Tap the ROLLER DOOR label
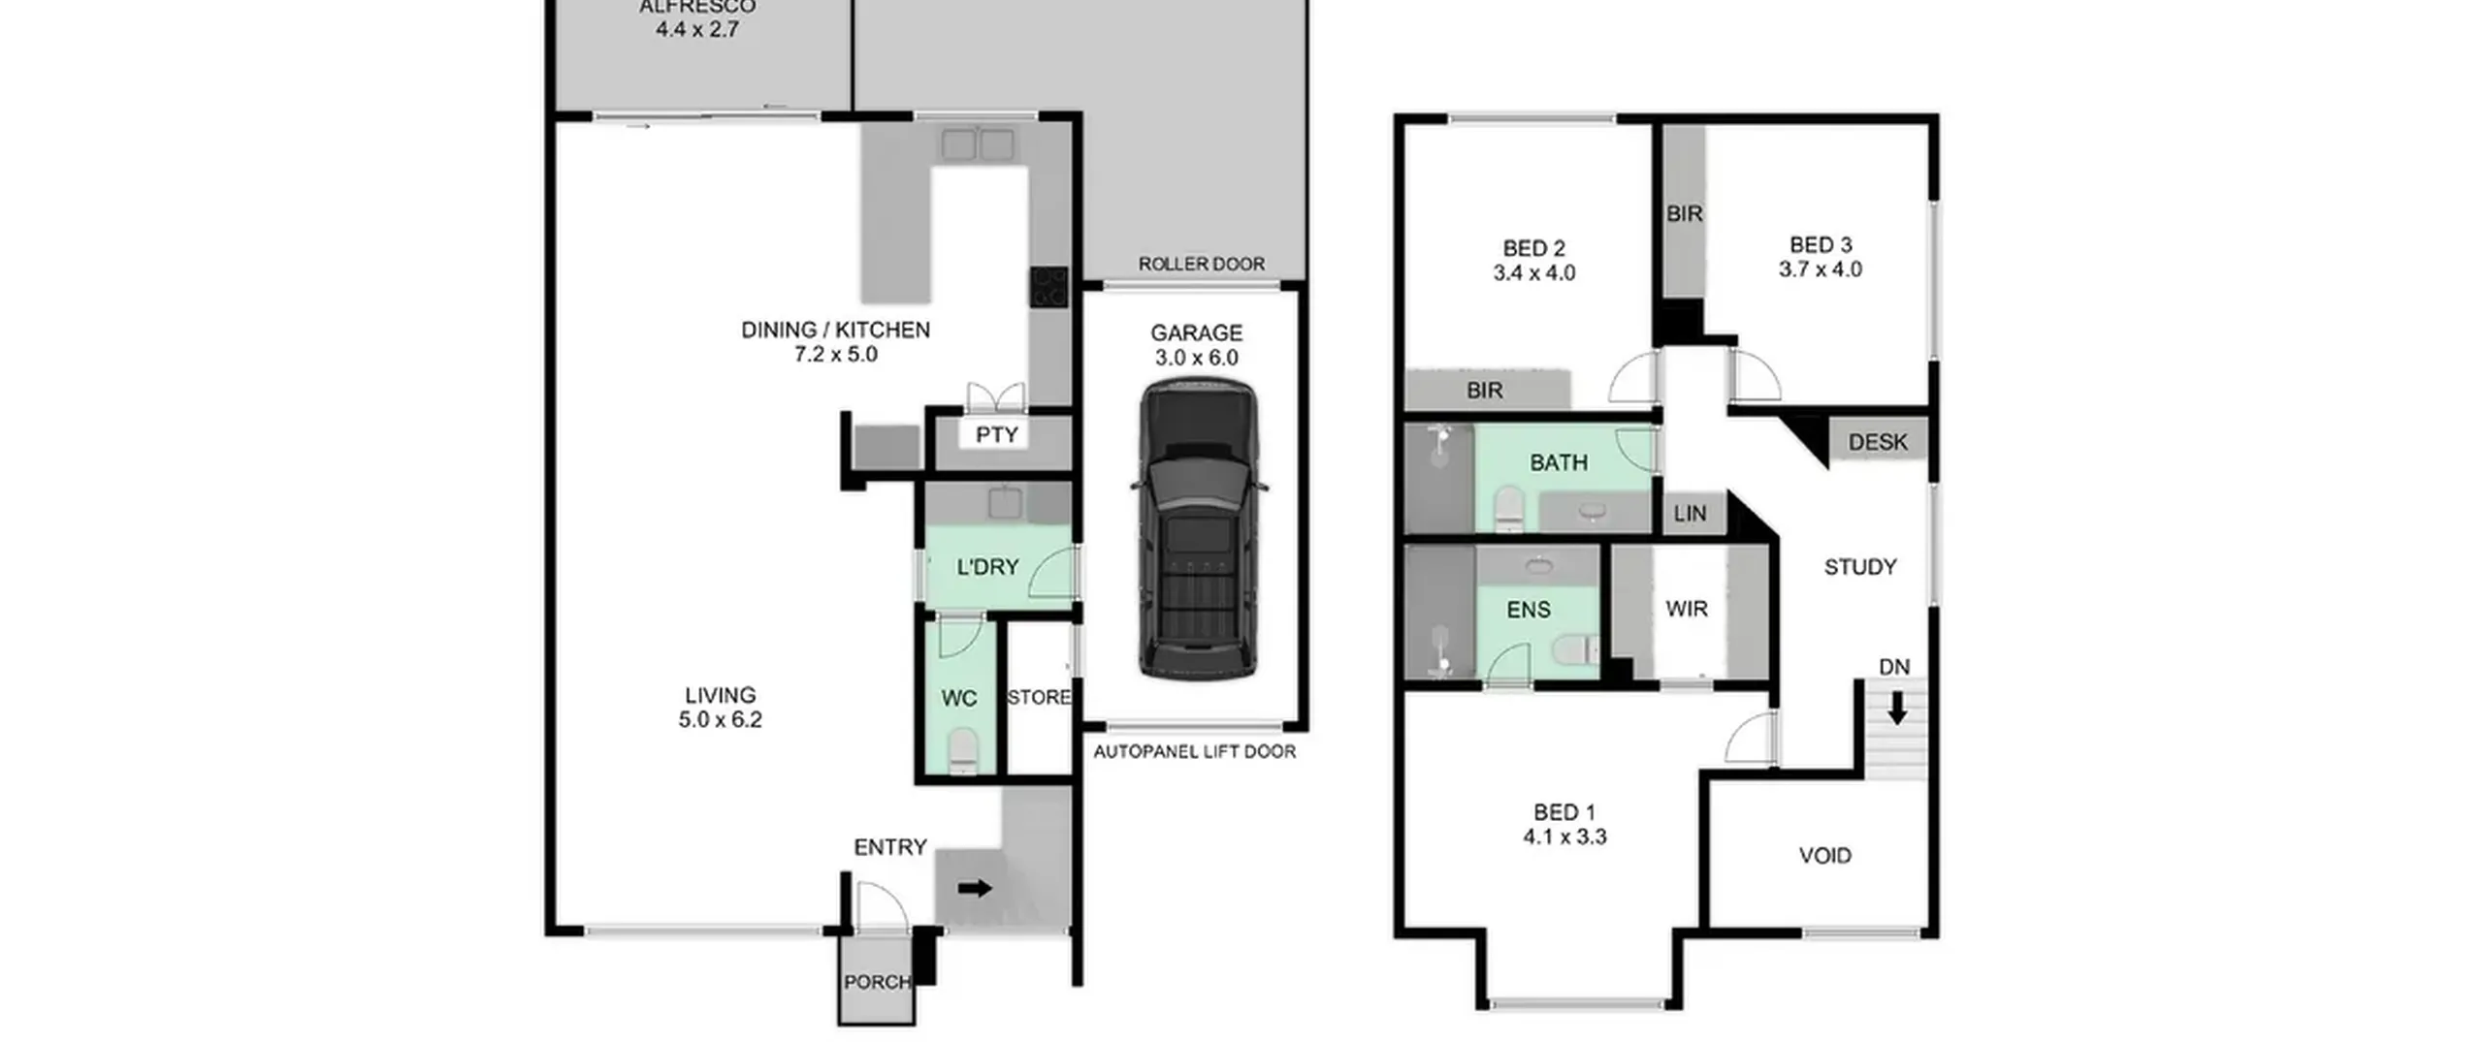(x=1201, y=264)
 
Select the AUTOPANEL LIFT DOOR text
(x=1194, y=751)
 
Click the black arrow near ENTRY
(x=975, y=888)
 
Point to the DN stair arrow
(x=1896, y=708)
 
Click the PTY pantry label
(x=997, y=435)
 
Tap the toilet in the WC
(x=962, y=752)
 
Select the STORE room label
(x=1039, y=697)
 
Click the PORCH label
(x=877, y=982)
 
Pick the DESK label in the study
(x=1877, y=442)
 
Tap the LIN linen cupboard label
(x=1690, y=514)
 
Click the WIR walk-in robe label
(x=1686, y=609)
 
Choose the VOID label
(x=1824, y=856)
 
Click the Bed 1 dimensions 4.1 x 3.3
(x=1564, y=837)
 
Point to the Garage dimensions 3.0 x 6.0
(x=1196, y=358)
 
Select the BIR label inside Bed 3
(x=1684, y=213)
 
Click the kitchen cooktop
(x=1048, y=287)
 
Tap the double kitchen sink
(x=977, y=145)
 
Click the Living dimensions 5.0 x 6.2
(x=720, y=720)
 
